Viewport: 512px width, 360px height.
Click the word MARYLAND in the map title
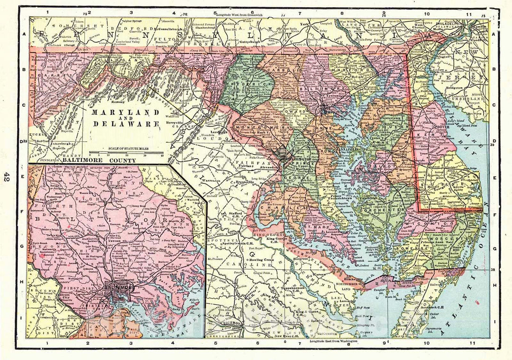118,113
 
